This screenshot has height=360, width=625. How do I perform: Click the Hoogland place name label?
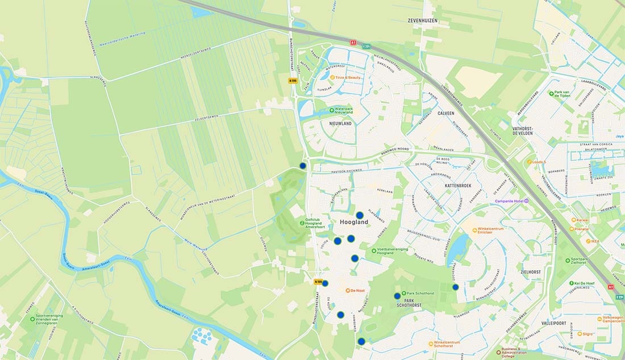[x=354, y=223]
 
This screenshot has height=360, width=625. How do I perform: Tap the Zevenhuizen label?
[x=424, y=20]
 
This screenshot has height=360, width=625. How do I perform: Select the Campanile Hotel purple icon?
[x=526, y=201]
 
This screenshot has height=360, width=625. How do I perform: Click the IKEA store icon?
[x=588, y=241]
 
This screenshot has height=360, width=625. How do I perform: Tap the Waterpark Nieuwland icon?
[x=332, y=110]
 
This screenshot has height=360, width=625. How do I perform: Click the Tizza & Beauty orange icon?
[x=332, y=77]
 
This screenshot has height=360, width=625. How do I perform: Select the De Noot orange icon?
[x=348, y=290]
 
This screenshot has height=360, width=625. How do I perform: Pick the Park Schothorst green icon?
[x=403, y=293]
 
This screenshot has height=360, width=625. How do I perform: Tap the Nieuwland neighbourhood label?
[x=340, y=123]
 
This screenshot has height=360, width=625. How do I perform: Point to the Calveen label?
[x=445, y=113]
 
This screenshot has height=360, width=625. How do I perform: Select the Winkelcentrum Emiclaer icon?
[x=475, y=230]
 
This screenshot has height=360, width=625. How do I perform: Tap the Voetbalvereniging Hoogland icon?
[x=373, y=250]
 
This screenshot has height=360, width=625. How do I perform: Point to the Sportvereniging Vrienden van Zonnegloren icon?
[x=32, y=319]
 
